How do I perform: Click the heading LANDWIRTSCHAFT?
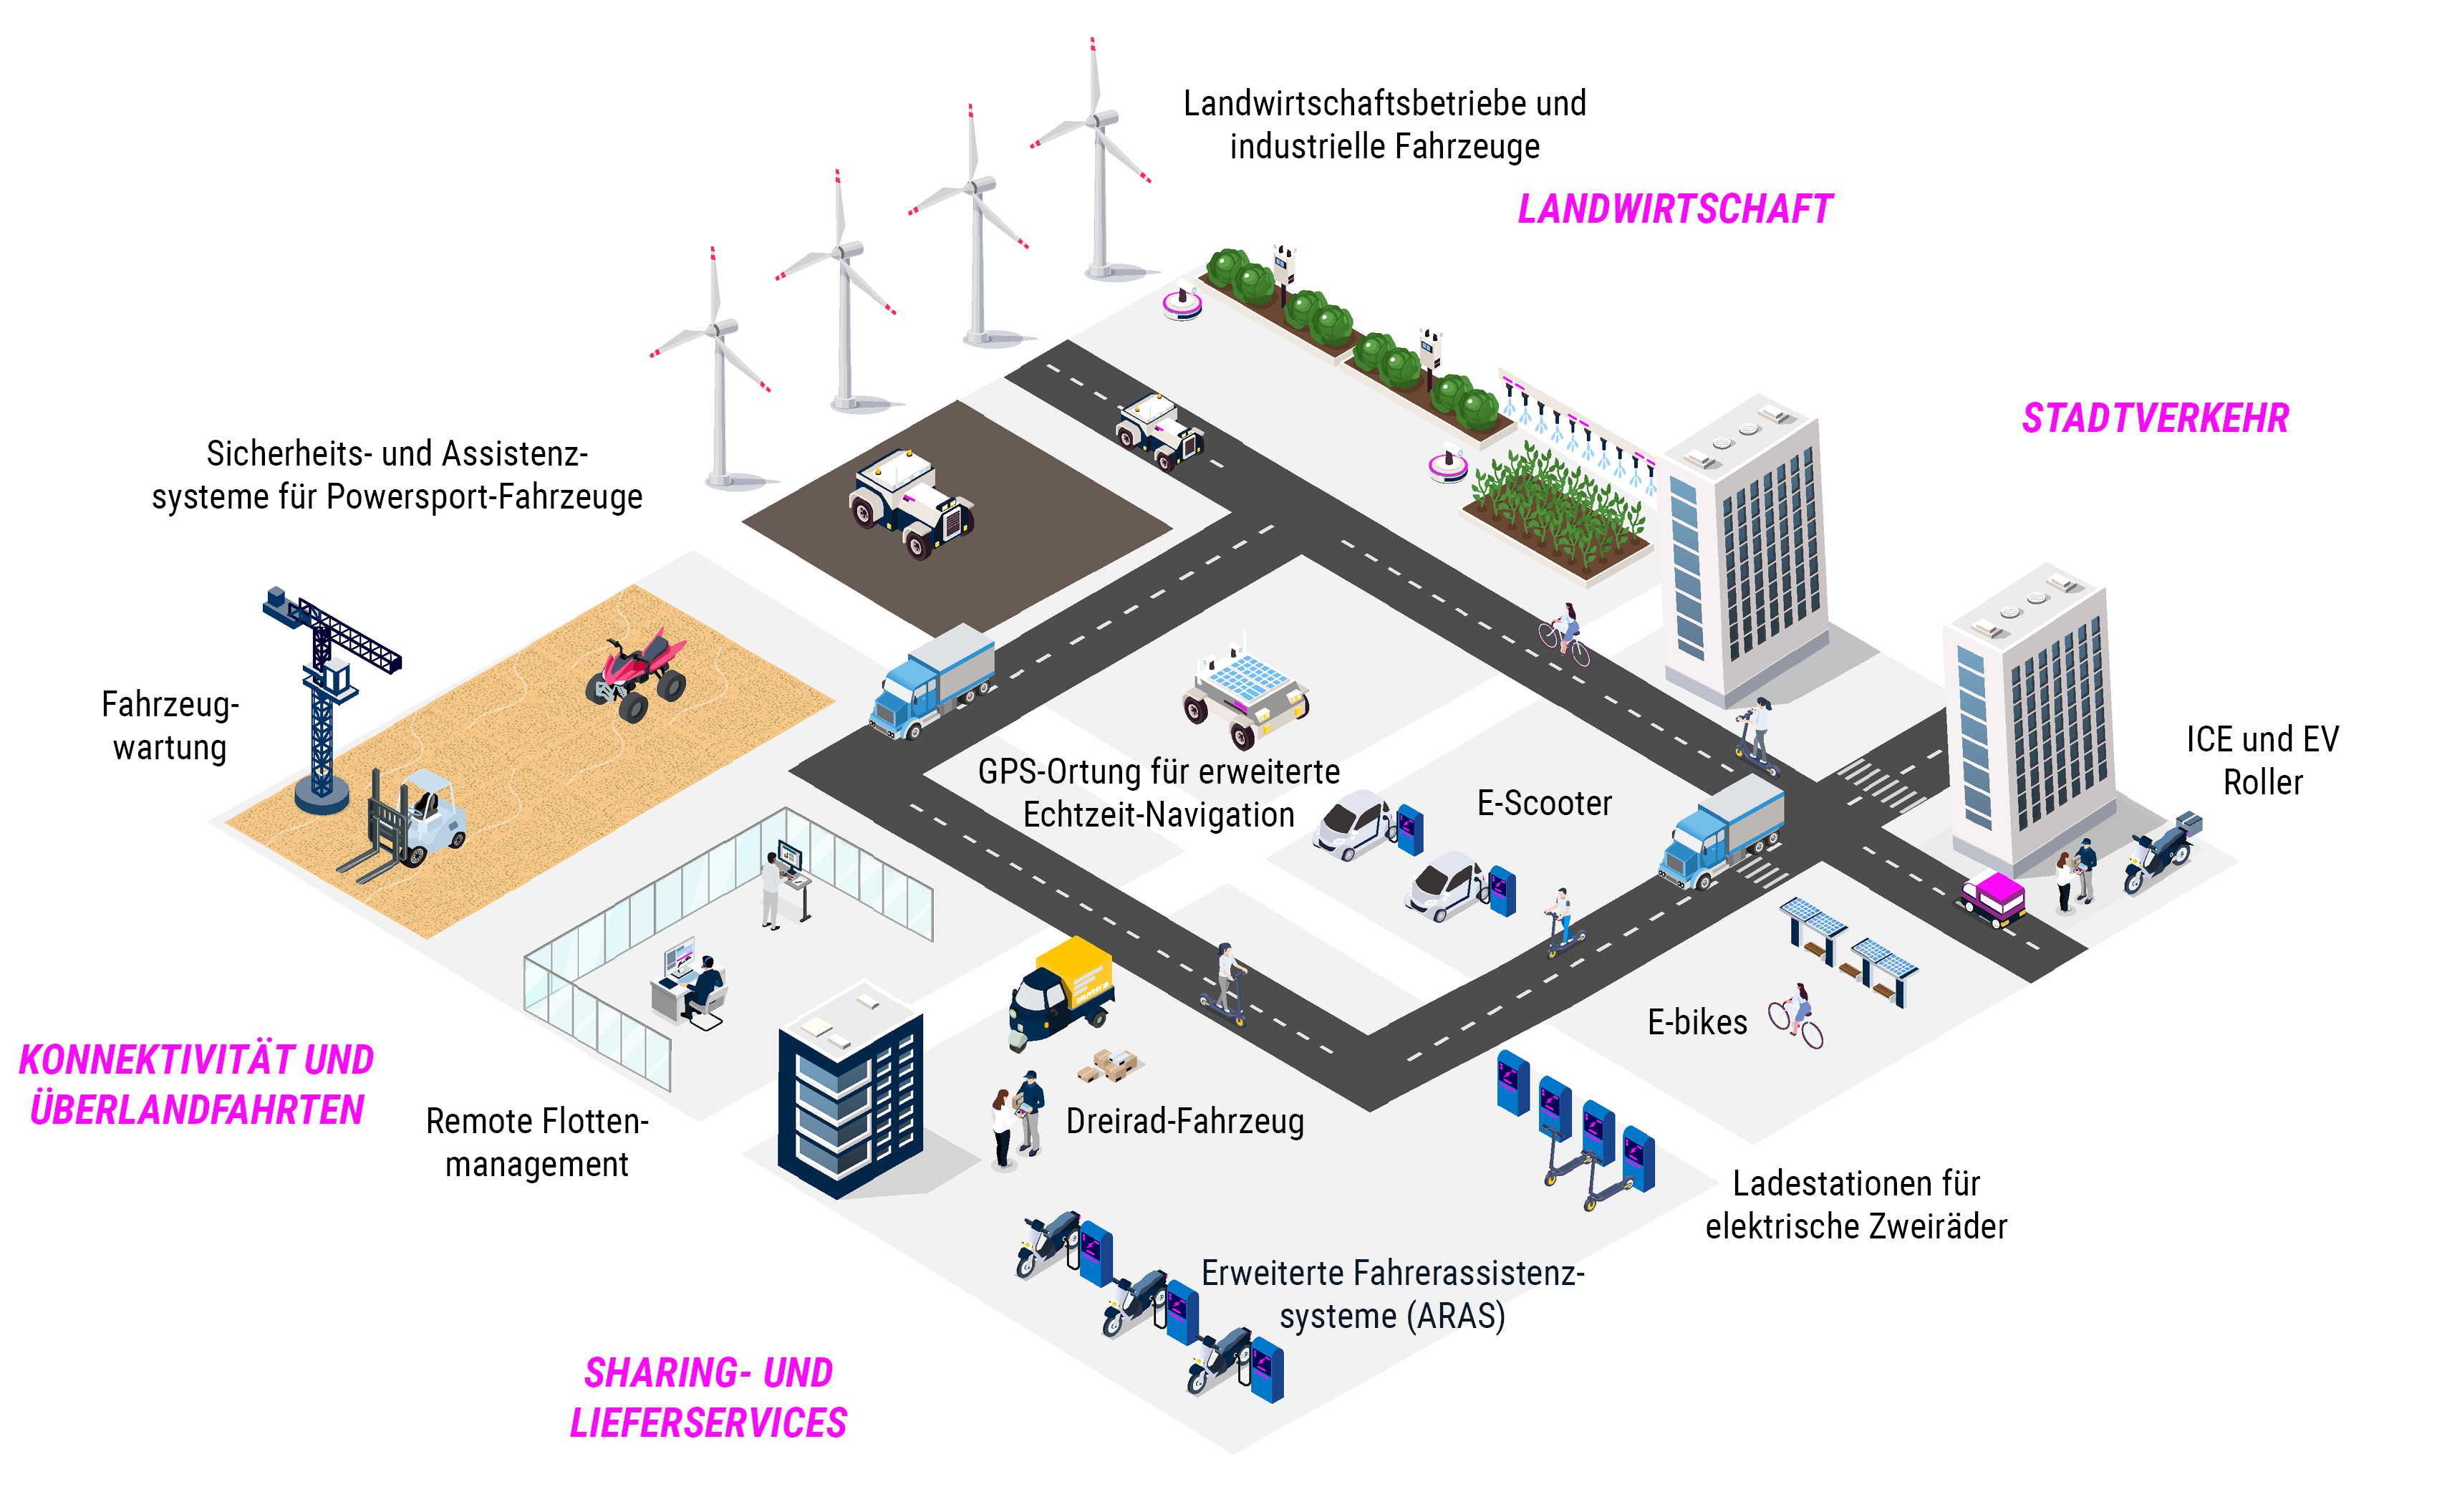pos(1675,210)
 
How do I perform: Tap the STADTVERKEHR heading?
pos(2156,418)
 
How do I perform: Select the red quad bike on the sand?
pos(637,673)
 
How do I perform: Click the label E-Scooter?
pos(1544,803)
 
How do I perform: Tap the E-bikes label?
pos(1697,1022)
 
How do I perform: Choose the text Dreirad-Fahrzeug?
pos(1184,1122)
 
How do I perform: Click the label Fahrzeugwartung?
pos(170,725)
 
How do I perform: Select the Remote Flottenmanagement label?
pos(537,1142)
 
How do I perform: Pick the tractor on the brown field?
pos(912,504)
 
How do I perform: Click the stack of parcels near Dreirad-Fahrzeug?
pos(1109,1065)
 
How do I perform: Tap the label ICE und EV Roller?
pos(2262,761)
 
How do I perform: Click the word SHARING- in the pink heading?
pos(667,1373)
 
